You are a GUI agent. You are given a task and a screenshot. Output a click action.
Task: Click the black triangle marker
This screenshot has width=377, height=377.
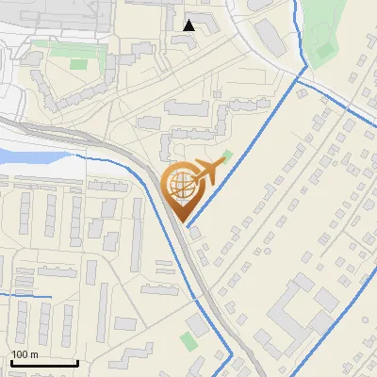click(189, 25)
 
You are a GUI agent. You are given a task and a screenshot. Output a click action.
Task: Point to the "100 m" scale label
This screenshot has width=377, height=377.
click(25, 354)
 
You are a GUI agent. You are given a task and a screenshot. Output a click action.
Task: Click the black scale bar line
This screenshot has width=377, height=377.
click(43, 362)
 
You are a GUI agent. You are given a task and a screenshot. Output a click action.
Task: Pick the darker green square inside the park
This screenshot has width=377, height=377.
click(323, 46)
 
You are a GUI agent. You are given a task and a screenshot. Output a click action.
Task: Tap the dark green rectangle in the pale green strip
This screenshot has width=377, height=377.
click(79, 64)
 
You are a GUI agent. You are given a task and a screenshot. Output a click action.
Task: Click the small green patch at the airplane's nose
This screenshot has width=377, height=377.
click(226, 156)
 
